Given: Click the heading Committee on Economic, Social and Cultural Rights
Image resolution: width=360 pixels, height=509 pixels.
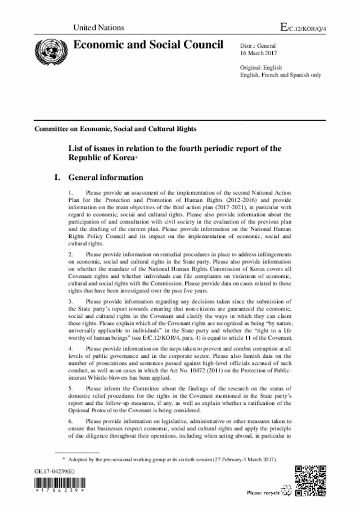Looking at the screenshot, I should [x=115, y=129].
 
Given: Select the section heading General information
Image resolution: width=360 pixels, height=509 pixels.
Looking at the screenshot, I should [x=105, y=177].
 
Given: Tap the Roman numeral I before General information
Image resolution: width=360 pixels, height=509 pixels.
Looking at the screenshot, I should [x=56, y=177].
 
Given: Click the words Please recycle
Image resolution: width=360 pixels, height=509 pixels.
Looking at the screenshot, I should [x=264, y=493].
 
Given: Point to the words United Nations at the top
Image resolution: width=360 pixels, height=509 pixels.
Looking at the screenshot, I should [x=94, y=27].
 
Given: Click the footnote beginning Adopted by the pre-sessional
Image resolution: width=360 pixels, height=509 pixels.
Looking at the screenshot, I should [x=172, y=460].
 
